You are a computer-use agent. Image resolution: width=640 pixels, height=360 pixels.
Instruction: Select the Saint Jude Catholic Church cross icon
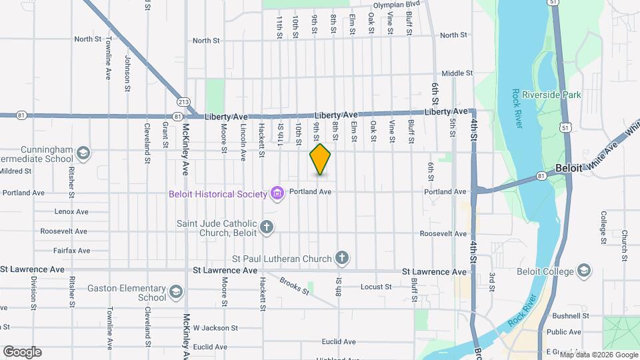tap(267, 228)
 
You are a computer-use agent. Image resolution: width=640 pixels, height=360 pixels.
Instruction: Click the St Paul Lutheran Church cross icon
tap(342, 258)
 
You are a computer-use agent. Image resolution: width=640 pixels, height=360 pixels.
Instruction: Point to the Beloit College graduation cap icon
tap(584, 271)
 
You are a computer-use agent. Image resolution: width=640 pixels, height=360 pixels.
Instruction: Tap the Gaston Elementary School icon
tap(175, 291)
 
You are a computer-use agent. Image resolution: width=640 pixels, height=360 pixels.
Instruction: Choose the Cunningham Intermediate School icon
tap(83, 154)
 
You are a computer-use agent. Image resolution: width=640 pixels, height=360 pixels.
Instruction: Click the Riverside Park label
tap(551, 95)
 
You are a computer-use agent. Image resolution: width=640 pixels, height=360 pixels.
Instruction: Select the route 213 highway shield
tap(184, 102)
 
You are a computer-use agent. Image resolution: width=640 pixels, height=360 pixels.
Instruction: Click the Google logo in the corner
tap(22, 352)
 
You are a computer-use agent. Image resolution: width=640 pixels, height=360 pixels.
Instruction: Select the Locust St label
tap(376, 287)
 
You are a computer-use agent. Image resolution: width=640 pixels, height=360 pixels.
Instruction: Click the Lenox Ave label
tap(73, 212)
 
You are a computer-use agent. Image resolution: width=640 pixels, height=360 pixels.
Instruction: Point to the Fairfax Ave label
tap(72, 251)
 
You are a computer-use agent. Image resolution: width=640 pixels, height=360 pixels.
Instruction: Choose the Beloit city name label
tap(569, 169)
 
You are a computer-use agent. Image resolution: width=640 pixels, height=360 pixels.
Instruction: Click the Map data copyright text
tap(593, 354)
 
